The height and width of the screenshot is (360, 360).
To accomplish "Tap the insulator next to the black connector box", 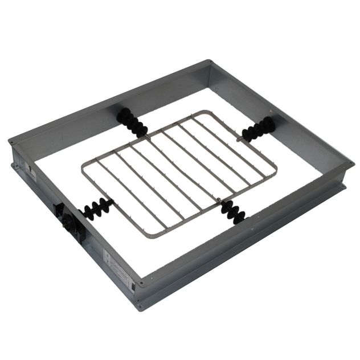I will pos(94,210).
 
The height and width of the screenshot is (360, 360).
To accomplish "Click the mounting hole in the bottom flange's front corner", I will pos(138,308).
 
